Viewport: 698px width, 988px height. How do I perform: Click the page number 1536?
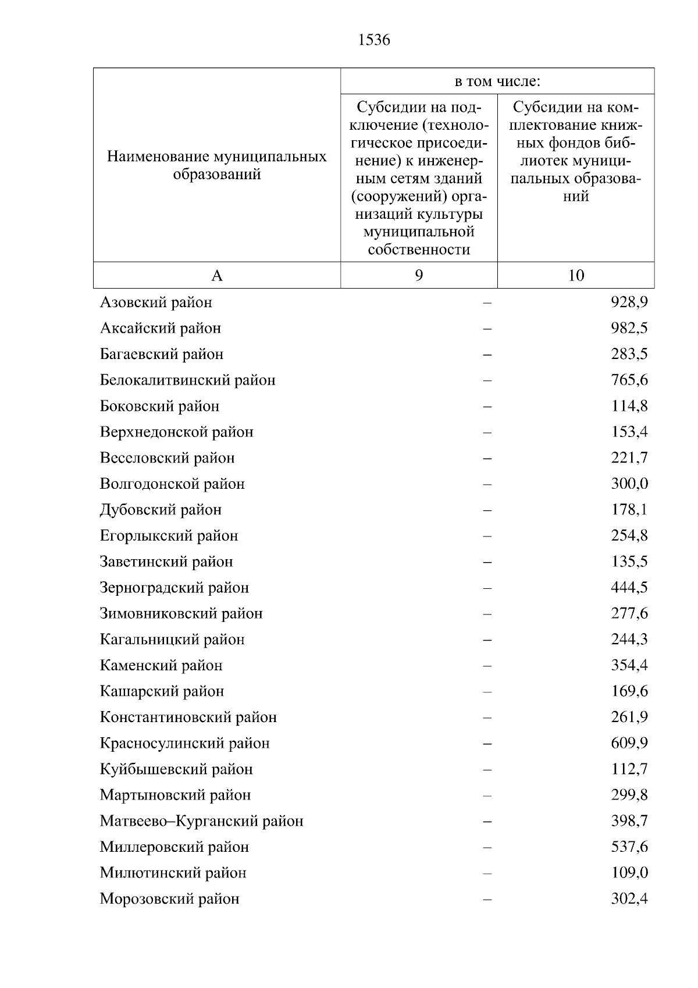coord(374,40)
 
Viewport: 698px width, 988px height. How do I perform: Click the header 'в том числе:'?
coord(497,81)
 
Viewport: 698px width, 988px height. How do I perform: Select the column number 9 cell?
coord(419,275)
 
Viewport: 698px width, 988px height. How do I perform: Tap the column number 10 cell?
coord(576,275)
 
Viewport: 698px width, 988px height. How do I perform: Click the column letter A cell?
coord(217,275)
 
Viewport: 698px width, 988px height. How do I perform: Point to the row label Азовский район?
coord(156,303)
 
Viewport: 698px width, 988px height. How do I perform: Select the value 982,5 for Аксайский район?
coord(629,328)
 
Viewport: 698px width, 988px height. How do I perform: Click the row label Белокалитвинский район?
coord(187,381)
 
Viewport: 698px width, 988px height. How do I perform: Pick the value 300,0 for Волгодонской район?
coord(629,484)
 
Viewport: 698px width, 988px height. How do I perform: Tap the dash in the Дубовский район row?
coord(487,510)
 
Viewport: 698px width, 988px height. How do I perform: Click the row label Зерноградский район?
coord(174,588)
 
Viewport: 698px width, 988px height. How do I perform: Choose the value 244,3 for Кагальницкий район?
coord(629,639)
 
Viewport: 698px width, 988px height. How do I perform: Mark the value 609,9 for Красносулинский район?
coord(629,744)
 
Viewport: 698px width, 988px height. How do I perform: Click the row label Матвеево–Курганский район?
coord(201,822)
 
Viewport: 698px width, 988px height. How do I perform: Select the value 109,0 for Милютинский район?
coord(629,873)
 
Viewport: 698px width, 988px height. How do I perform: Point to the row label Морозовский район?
coord(169,900)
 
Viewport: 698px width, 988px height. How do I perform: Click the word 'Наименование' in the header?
coord(158,157)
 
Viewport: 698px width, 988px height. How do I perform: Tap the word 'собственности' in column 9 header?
coord(419,250)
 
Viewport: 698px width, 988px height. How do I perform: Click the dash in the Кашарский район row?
coord(487,692)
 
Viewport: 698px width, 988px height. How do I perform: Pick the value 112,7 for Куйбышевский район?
coord(629,770)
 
